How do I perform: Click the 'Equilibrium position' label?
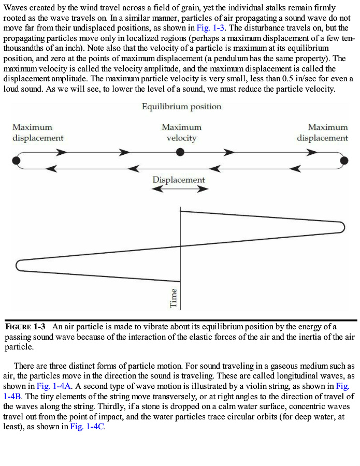pyautogui.click(x=181, y=107)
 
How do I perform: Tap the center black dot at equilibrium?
pyautogui.click(x=180, y=152)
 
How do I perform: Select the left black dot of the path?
pyautogui.click(x=17, y=160)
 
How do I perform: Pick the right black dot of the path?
pyautogui.click(x=343, y=161)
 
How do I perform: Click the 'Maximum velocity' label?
pyautogui.click(x=181, y=133)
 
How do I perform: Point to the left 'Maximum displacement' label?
pyautogui.click(x=38, y=133)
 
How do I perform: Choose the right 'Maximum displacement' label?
pyautogui.click(x=322, y=133)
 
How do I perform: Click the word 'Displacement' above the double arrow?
pyautogui.click(x=179, y=180)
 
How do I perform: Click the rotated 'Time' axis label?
pyautogui.click(x=174, y=298)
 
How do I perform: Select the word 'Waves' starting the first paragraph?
pyautogui.click(x=15, y=8)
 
